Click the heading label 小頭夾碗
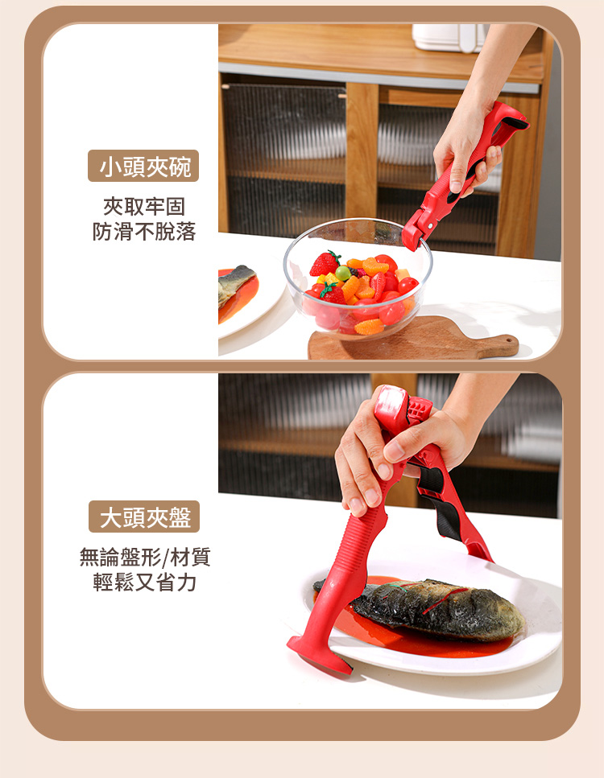[143, 167]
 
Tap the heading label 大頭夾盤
[144, 517]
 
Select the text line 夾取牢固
[144, 207]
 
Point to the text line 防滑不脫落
[144, 231]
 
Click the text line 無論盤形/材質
[145, 558]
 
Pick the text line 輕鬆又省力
[144, 582]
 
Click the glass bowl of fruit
[358, 280]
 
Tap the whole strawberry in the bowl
[325, 263]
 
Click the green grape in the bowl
[343, 273]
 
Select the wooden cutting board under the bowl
[412, 340]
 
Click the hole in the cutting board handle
[509, 340]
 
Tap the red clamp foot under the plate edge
[318, 654]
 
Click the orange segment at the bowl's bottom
[369, 327]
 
